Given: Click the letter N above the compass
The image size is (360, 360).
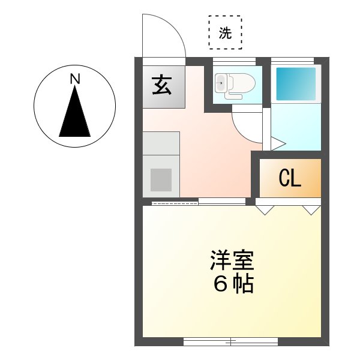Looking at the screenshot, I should [x=74, y=78].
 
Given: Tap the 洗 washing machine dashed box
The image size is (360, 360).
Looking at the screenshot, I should [x=225, y=32].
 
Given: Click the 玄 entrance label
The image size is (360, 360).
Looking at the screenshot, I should [x=161, y=86].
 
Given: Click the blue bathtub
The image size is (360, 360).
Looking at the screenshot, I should [x=296, y=84].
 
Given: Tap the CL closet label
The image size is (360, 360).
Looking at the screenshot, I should [x=290, y=178].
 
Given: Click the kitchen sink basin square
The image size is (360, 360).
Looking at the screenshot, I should [x=161, y=179].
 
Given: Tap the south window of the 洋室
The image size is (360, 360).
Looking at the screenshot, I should [x=230, y=342].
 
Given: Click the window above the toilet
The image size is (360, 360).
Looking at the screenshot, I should [x=235, y=61].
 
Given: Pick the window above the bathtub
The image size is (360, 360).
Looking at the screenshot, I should [x=292, y=61].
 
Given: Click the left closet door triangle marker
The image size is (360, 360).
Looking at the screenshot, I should [x=265, y=210].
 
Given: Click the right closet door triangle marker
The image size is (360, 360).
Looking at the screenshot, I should [x=311, y=210].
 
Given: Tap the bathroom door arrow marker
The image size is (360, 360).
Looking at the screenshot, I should [x=277, y=143].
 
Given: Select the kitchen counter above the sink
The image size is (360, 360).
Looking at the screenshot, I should [x=161, y=143].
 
